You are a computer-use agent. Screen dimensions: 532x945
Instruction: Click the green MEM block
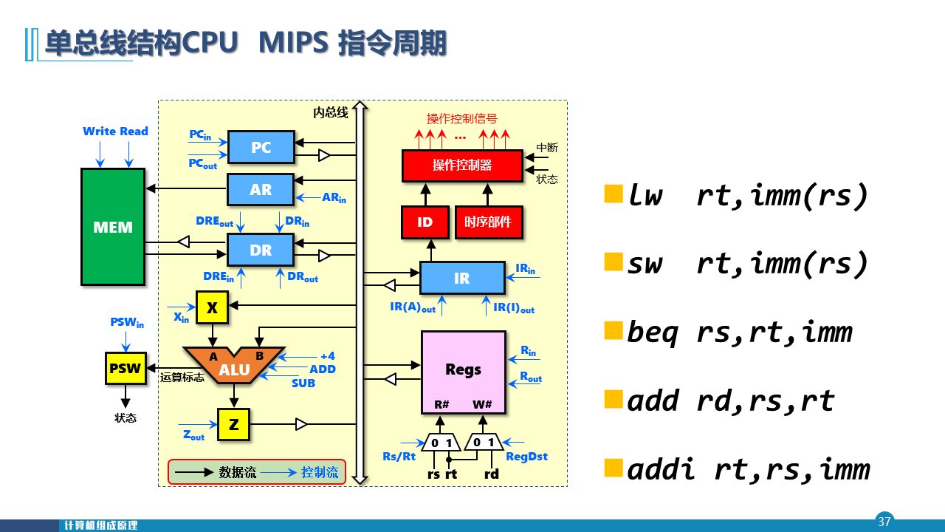(x=113, y=227)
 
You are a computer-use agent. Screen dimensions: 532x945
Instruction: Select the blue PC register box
(x=261, y=147)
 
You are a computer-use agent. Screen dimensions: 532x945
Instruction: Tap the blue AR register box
(x=261, y=189)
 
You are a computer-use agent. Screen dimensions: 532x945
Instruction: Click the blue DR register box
(x=261, y=250)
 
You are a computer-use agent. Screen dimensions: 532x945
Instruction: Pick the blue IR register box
(x=462, y=278)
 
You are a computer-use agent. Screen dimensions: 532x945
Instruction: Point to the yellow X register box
(x=212, y=307)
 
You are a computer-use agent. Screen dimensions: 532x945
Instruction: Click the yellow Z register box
(x=233, y=424)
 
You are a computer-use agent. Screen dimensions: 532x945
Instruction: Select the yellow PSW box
(x=126, y=368)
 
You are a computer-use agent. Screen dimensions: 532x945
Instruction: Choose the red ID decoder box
(x=425, y=222)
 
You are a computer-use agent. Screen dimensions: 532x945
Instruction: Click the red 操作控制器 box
(x=461, y=165)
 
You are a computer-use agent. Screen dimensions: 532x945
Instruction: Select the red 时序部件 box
(x=488, y=222)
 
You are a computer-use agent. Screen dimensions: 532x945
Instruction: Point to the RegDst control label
(x=526, y=457)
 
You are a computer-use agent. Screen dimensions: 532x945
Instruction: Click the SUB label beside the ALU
(x=303, y=383)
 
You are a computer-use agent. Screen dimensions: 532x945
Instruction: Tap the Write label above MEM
(x=98, y=132)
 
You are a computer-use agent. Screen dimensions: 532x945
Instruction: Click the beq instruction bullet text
(x=738, y=332)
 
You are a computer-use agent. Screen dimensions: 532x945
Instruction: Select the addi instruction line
(x=747, y=469)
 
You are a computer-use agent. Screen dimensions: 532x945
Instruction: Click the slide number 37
(x=884, y=521)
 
